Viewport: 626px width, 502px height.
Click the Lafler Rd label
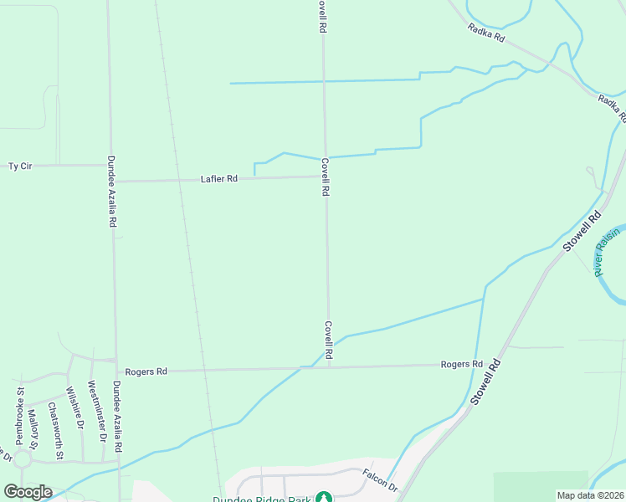[x=219, y=179]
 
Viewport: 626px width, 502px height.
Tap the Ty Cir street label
[x=19, y=166]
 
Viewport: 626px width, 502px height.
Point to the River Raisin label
[x=609, y=250]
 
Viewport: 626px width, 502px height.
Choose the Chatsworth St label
[x=56, y=431]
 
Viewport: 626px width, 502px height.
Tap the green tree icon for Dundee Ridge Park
[x=323, y=498]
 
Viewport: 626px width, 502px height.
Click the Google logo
[x=28, y=492]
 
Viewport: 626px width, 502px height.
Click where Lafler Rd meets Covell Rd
[x=325, y=177]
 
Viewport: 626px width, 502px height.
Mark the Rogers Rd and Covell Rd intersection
[x=328, y=366]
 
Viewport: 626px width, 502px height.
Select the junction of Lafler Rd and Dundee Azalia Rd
[x=112, y=181]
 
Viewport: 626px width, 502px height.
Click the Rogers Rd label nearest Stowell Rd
[x=462, y=365]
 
